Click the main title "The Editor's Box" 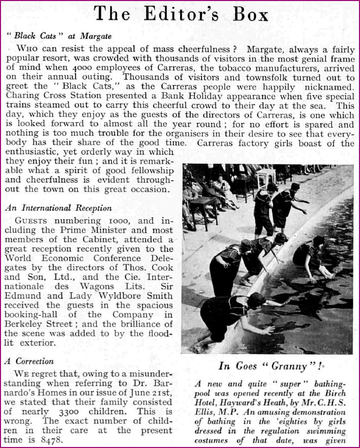click(180, 14)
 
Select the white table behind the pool click(266, 178)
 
